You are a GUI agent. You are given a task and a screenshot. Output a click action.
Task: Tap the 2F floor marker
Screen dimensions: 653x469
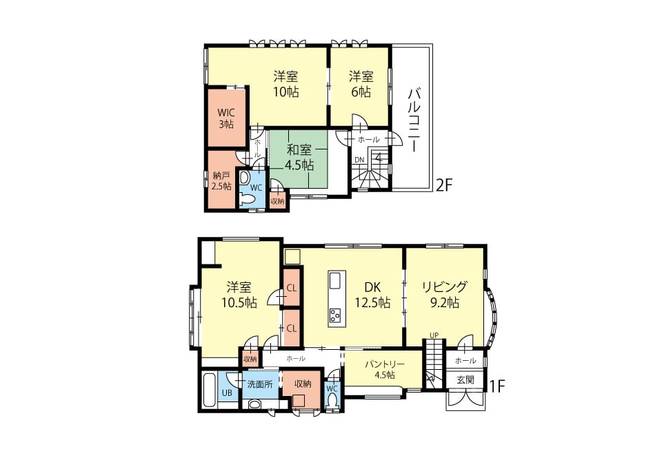click(443, 185)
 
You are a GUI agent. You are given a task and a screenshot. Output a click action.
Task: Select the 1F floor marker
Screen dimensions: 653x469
click(496, 386)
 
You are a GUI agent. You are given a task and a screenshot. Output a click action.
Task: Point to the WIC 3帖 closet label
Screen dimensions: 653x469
click(226, 118)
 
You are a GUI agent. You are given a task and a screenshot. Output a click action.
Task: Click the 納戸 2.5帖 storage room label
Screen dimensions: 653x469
click(221, 181)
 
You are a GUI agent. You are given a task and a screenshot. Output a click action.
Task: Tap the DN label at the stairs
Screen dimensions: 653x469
click(359, 160)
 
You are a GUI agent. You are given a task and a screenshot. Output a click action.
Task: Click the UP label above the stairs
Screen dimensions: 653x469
click(434, 335)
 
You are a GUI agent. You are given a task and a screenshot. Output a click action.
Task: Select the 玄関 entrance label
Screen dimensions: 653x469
click(465, 379)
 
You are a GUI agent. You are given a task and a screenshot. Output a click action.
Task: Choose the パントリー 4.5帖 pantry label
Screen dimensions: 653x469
click(384, 369)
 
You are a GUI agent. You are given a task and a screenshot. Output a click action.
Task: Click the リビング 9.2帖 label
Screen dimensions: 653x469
click(444, 294)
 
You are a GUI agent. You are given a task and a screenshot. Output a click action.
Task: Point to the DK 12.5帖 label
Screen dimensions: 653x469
click(372, 294)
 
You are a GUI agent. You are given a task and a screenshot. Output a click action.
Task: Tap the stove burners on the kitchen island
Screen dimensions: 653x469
click(335, 315)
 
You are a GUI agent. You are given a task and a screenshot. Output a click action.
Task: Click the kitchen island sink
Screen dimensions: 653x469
click(335, 281)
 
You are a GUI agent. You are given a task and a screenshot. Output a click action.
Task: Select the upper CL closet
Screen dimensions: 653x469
click(292, 288)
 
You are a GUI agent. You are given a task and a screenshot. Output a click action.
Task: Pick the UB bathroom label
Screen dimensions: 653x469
click(227, 393)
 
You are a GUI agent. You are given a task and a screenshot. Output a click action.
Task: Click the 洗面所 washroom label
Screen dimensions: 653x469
click(260, 384)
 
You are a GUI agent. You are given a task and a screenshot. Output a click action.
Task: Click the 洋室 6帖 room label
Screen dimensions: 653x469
click(361, 84)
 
